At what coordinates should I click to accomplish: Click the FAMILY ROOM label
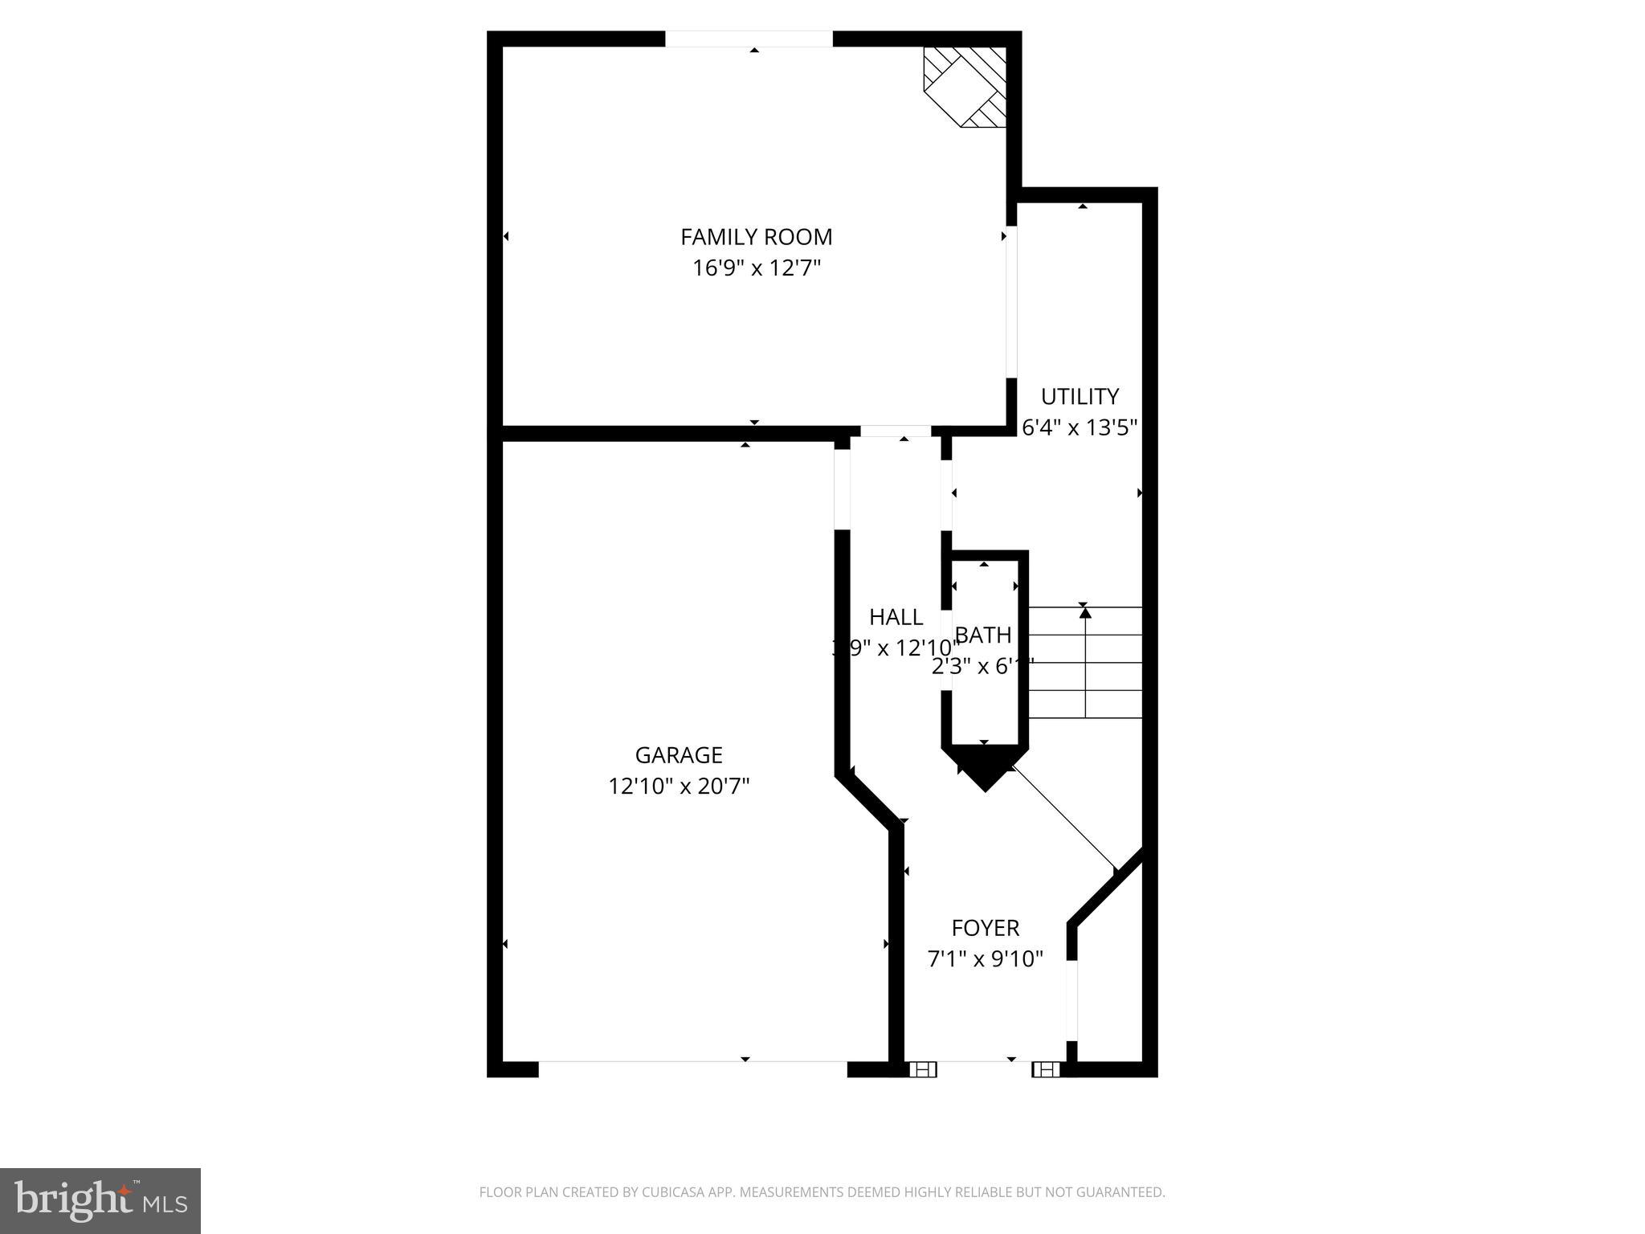click(x=756, y=237)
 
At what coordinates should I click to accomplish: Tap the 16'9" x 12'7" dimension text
click(x=756, y=268)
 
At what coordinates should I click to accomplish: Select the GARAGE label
click(x=679, y=755)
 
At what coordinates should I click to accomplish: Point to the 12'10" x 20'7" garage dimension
click(x=679, y=786)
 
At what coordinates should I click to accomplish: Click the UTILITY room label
click(x=1080, y=397)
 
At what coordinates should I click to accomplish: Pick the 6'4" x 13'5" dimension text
click(x=1080, y=427)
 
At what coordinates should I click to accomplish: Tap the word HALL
click(x=896, y=617)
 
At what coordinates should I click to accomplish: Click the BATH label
click(x=982, y=635)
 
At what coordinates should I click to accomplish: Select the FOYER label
click(x=985, y=928)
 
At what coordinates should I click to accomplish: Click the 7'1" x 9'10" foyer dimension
click(x=985, y=958)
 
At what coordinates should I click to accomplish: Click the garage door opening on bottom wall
click(x=692, y=1068)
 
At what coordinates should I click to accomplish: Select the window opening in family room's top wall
click(x=749, y=39)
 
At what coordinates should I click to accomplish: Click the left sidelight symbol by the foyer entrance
click(x=923, y=1069)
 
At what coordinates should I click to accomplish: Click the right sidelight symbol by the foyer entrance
click(x=1046, y=1069)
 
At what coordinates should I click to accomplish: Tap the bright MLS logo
click(x=100, y=1200)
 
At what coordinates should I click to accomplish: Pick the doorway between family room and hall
click(x=896, y=431)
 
